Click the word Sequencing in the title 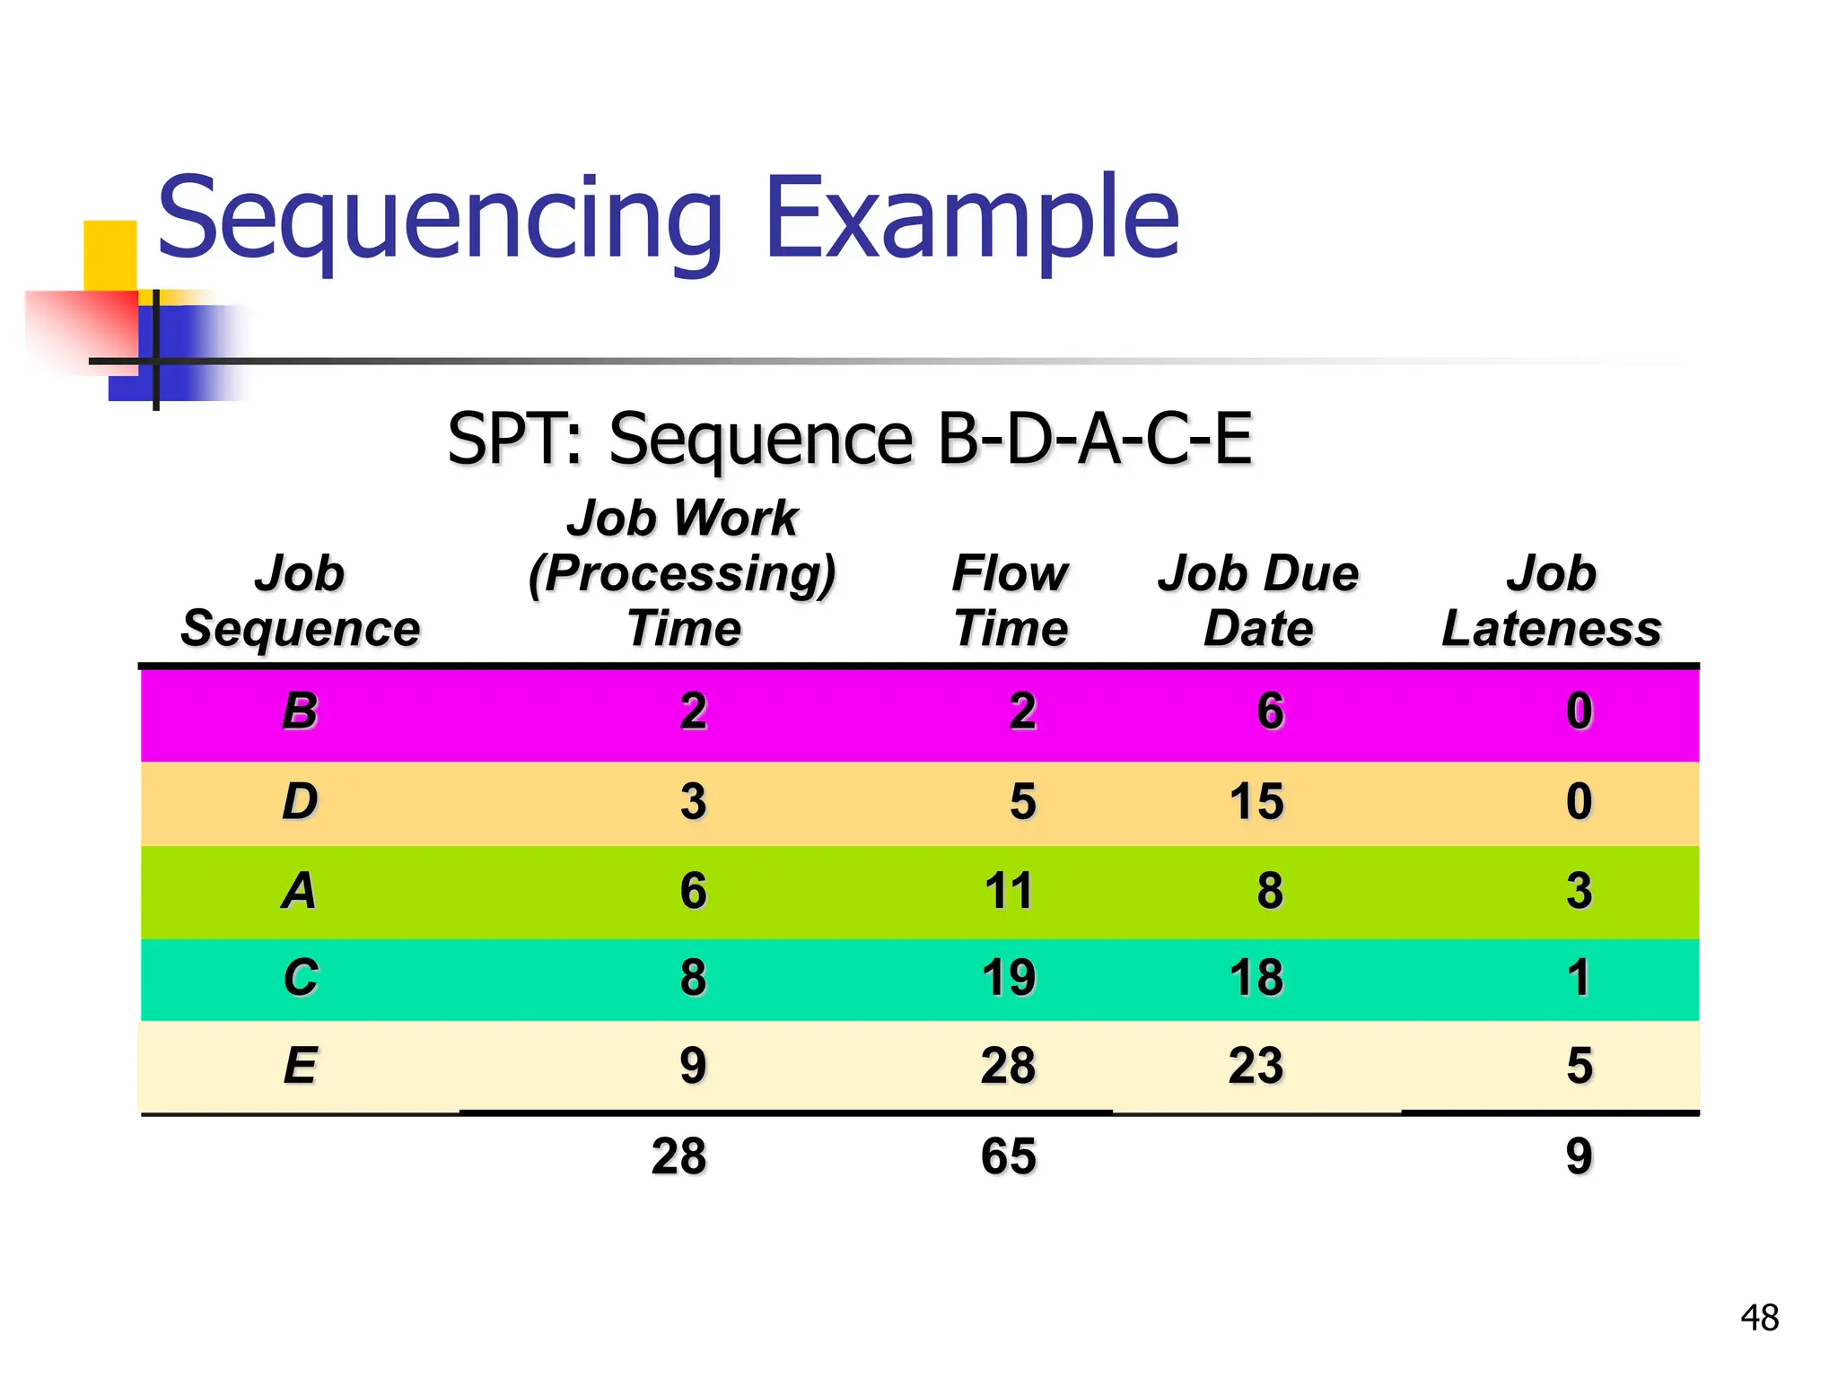[x=440, y=220]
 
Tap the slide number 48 [x=1759, y=1318]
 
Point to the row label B [x=300, y=711]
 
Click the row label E [x=300, y=1066]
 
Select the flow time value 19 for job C [x=1009, y=977]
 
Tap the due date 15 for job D [x=1256, y=801]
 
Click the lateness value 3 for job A [x=1579, y=891]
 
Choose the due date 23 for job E [x=1256, y=1066]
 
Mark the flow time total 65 [x=1009, y=1156]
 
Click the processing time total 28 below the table [x=679, y=1156]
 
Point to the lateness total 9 [x=1579, y=1156]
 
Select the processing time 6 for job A [x=693, y=891]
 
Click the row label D [x=300, y=801]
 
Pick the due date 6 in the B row [x=1270, y=711]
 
